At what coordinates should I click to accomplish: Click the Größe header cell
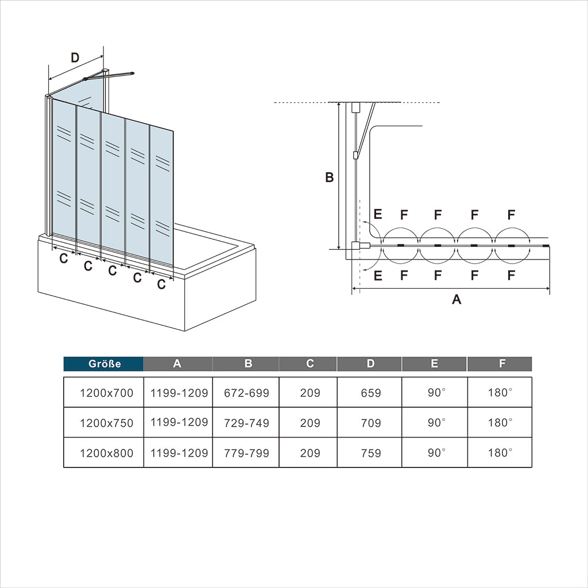point(103,363)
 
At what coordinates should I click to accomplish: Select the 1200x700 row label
point(106,393)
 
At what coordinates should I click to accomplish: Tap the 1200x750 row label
point(106,423)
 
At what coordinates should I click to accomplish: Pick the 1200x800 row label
point(106,453)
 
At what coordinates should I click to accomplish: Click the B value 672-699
point(246,393)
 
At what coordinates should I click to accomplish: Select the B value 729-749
point(246,423)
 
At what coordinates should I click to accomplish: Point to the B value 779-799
point(246,453)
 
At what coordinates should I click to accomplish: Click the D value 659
point(370,393)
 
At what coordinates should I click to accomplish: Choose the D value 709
point(370,423)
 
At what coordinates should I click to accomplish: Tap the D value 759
point(370,453)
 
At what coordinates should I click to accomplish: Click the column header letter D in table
point(370,363)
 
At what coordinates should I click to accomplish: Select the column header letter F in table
point(502,363)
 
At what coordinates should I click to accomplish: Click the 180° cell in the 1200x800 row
point(500,452)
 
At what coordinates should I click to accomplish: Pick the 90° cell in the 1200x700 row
point(435,393)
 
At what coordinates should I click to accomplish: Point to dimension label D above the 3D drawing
point(74,57)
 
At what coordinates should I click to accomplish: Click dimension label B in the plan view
point(329,178)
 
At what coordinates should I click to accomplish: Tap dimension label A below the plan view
point(457,299)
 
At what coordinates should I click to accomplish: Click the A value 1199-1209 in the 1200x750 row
point(179,423)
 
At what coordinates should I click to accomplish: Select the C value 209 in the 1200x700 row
point(310,393)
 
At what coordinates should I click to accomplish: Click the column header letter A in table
point(177,363)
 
